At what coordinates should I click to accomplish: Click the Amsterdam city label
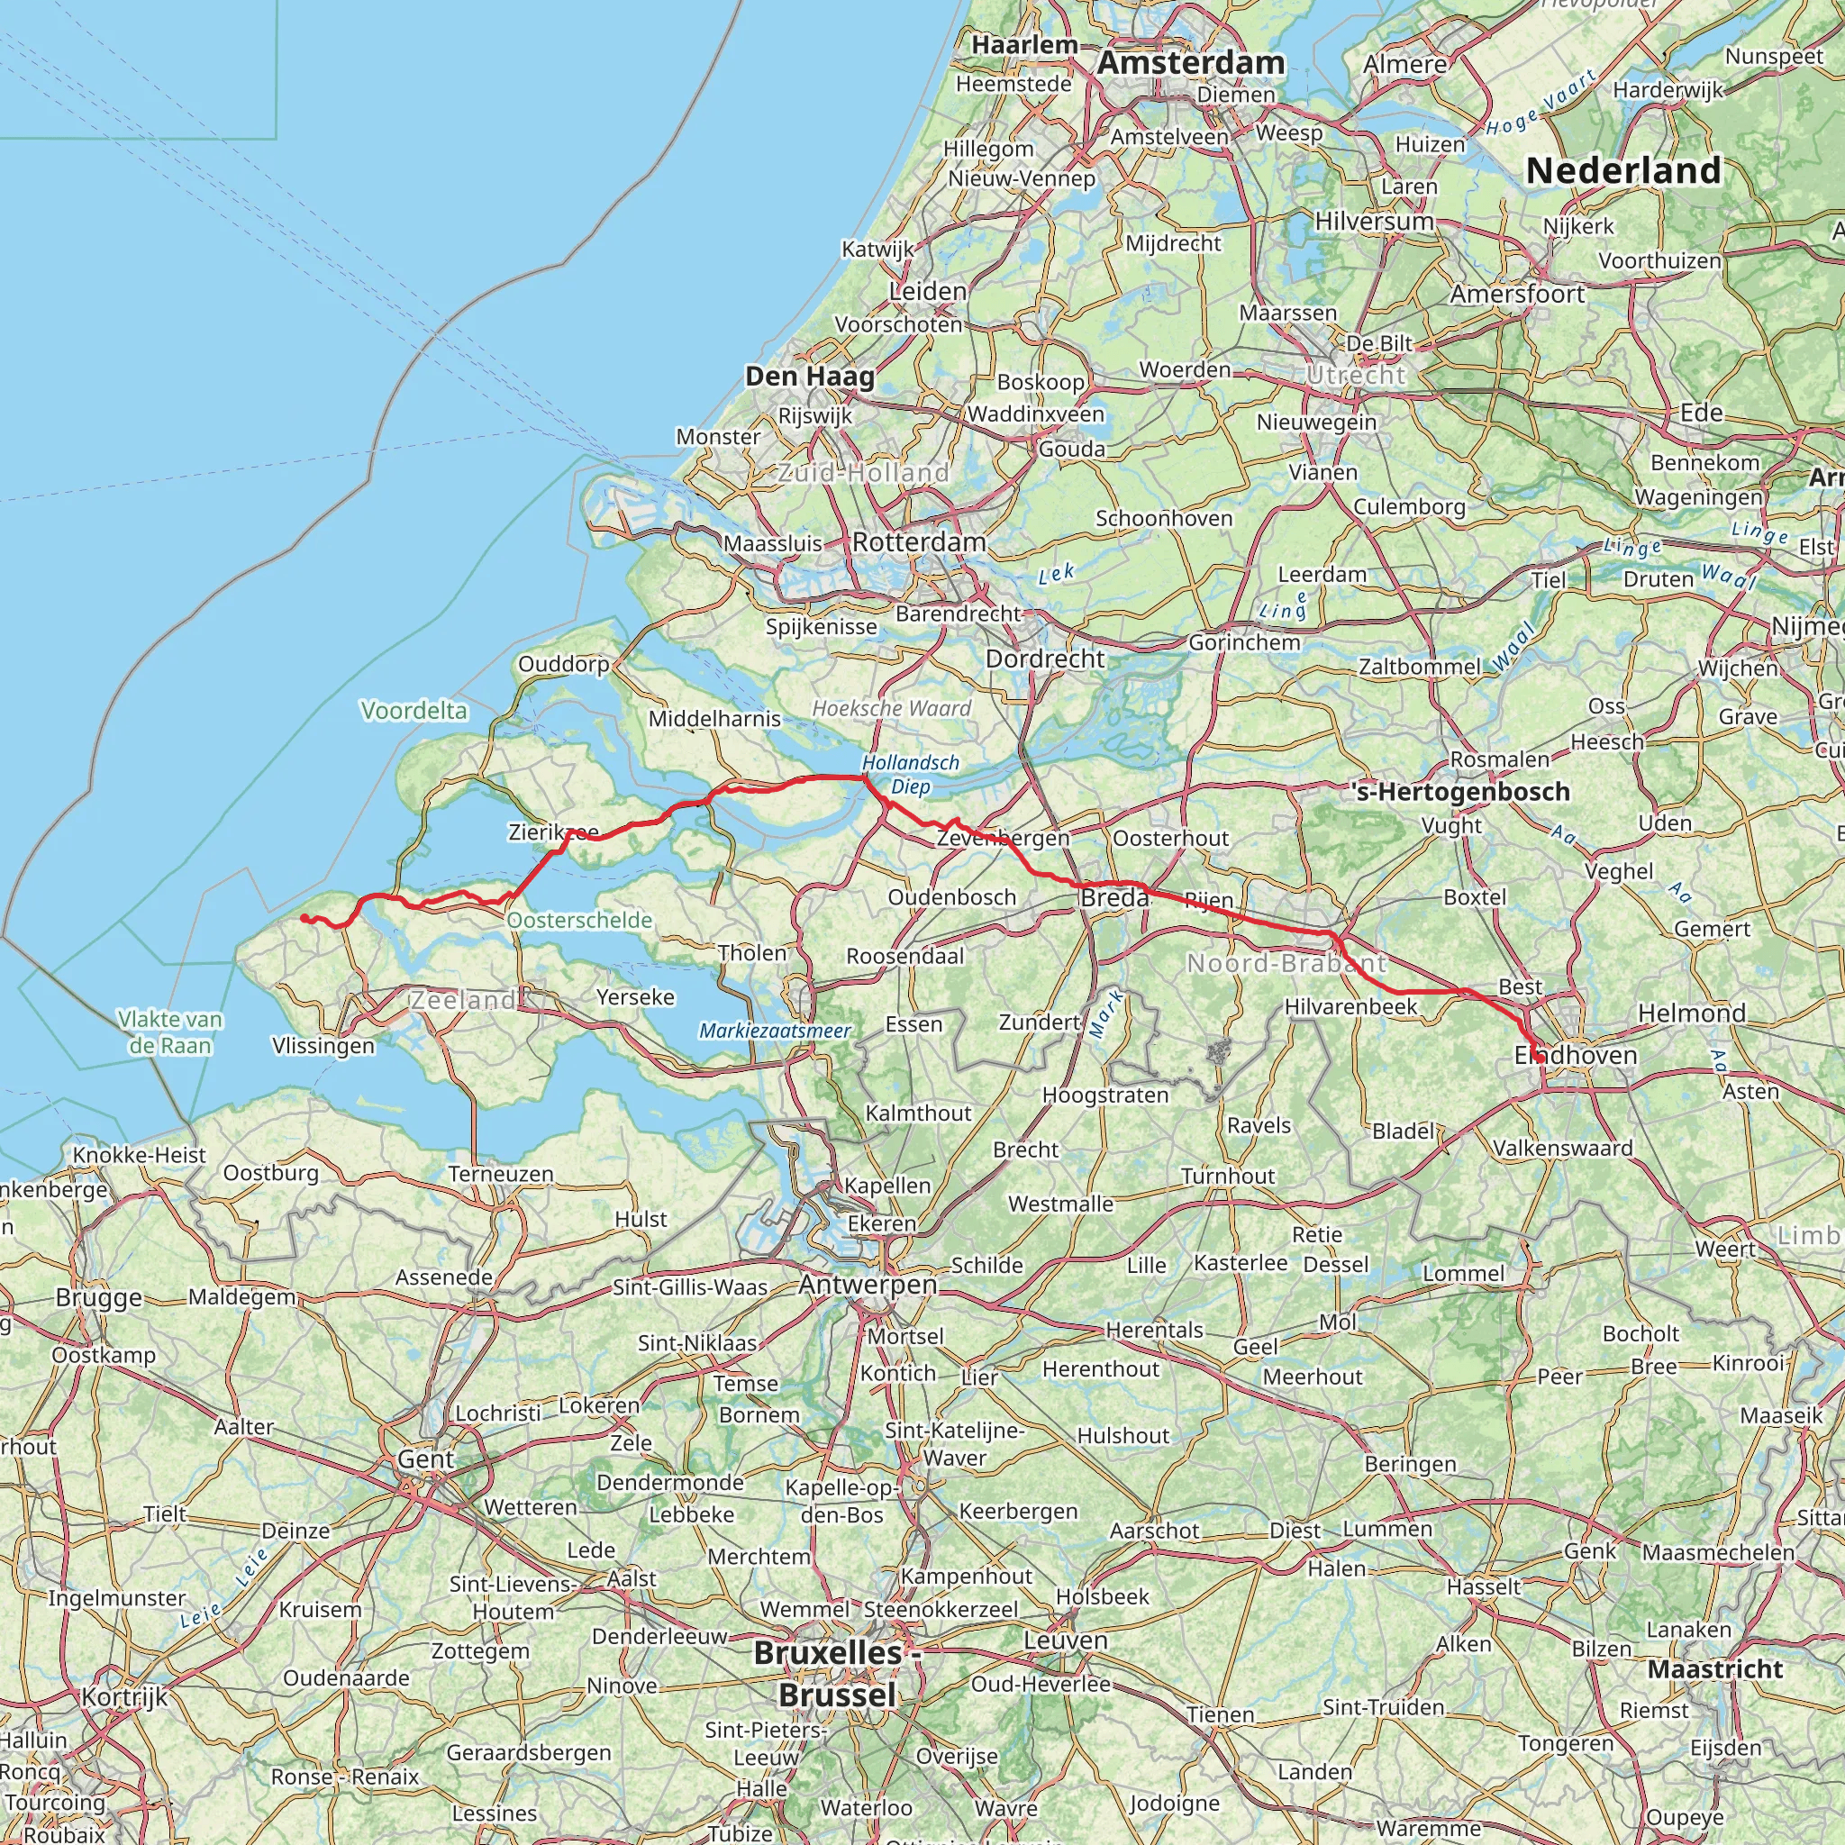point(1191,63)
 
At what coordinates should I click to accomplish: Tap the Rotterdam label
point(919,542)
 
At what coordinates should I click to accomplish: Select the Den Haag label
point(810,377)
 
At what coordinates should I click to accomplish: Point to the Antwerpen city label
point(868,1285)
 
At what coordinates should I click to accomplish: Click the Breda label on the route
point(1114,897)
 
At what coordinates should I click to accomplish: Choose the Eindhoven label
point(1576,1055)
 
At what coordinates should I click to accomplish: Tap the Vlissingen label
point(323,1046)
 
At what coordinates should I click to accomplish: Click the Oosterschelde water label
point(579,921)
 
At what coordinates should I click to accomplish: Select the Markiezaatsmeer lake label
point(775,1031)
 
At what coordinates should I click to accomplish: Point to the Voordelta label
point(414,711)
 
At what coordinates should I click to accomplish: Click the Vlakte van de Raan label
point(170,1032)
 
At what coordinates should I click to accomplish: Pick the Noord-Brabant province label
point(1286,964)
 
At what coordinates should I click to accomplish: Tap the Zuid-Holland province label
point(863,473)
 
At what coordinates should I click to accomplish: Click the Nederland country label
point(1623,171)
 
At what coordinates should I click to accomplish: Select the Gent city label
point(425,1459)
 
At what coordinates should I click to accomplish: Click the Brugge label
point(98,1297)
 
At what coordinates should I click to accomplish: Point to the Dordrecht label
point(1045,659)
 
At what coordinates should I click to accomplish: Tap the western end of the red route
point(303,918)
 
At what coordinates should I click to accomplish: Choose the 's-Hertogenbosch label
point(1461,792)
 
